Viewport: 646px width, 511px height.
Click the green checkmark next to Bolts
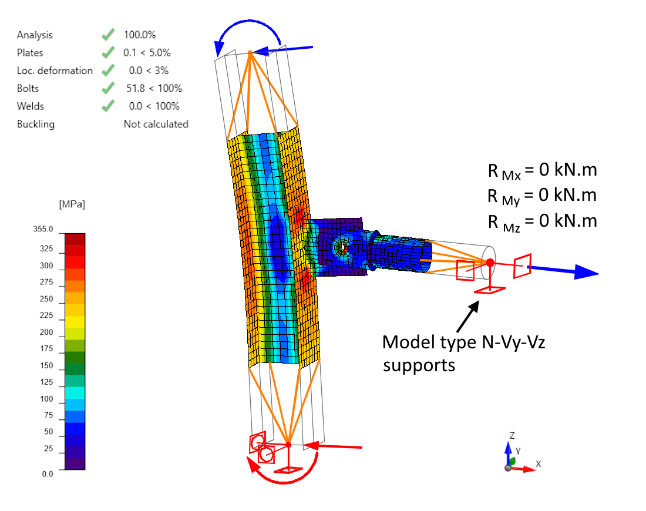[x=107, y=88]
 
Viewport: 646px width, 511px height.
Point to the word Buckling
[x=36, y=125]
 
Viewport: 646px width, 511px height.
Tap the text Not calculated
[x=156, y=124]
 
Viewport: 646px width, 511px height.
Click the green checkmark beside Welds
[x=107, y=106]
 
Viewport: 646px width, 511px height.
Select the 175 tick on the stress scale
[x=46, y=349]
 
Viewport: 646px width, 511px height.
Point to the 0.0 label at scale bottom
[x=47, y=473]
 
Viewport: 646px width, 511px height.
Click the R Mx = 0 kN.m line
[x=542, y=170]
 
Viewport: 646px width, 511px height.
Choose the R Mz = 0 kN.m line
[x=542, y=221]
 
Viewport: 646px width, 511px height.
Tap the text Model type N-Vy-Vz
[x=464, y=342]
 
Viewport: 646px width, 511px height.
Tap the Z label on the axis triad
[x=512, y=435]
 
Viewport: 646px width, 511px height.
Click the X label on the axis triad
[x=538, y=463]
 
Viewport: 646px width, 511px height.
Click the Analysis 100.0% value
[x=139, y=35]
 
